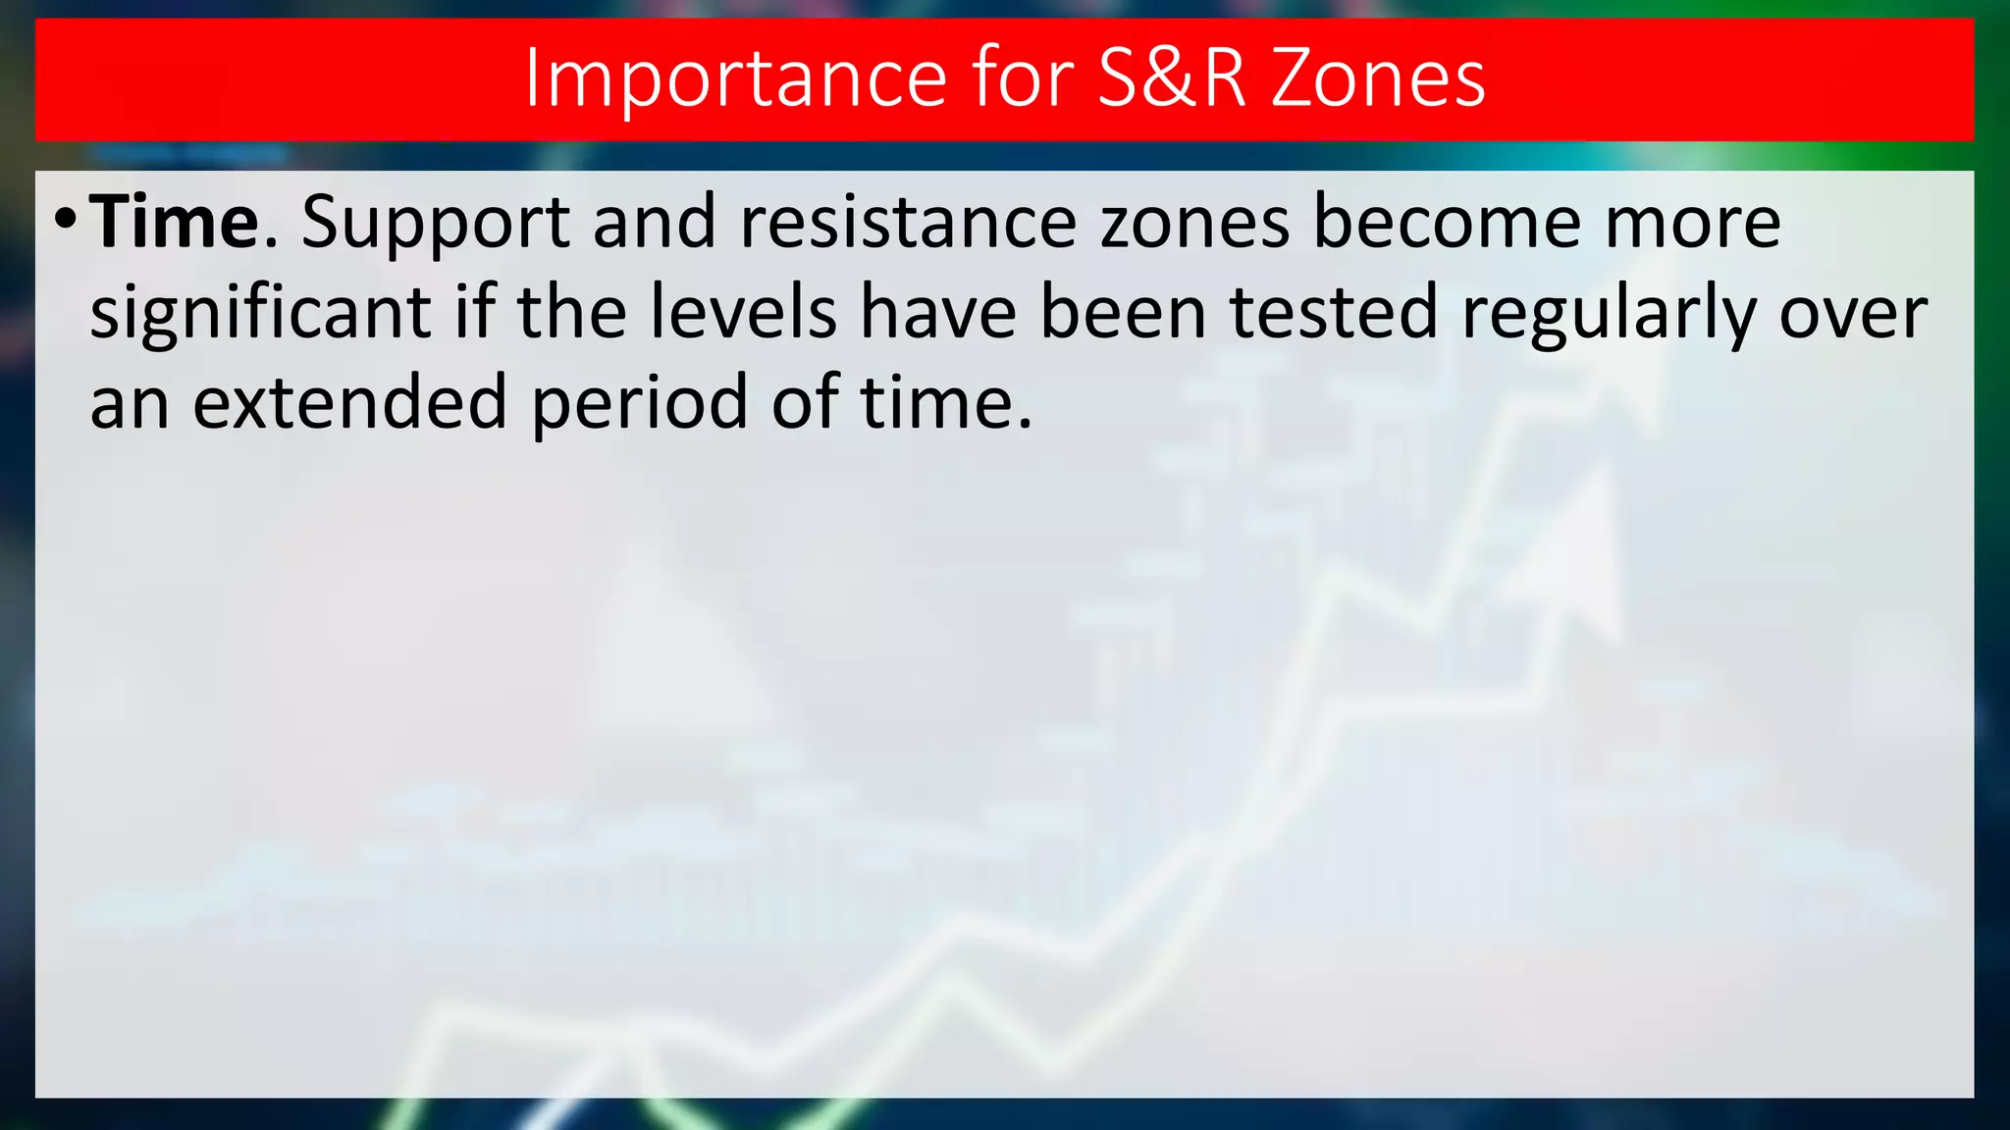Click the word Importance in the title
(x=736, y=78)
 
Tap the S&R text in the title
(x=1172, y=78)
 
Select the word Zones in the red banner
(x=1378, y=78)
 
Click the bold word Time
(x=175, y=222)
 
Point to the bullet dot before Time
(x=65, y=218)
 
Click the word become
(x=1448, y=222)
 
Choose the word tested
(x=1334, y=312)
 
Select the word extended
(x=349, y=402)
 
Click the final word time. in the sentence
(x=946, y=402)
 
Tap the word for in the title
(x=1022, y=78)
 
